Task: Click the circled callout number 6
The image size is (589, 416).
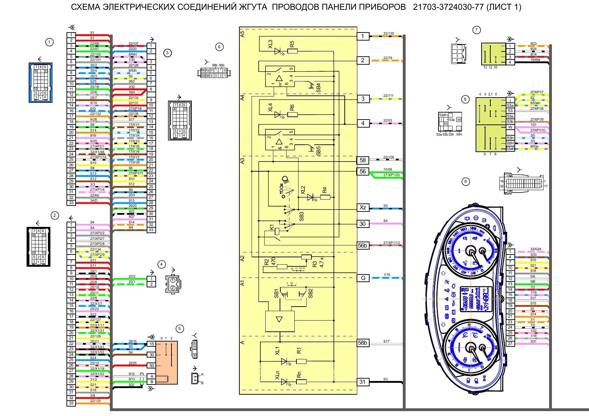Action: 219,47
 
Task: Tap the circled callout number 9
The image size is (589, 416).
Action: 465,181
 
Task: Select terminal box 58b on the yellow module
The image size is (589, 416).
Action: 363,343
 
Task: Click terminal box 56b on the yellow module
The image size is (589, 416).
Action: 363,245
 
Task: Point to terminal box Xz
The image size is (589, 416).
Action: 363,208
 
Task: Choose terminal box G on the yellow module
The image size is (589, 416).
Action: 363,278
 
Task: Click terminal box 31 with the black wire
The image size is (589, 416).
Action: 363,382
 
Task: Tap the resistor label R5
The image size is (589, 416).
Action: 292,44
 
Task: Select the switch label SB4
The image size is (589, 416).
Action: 318,88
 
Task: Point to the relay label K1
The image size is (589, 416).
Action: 272,227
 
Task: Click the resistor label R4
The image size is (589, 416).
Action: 324,190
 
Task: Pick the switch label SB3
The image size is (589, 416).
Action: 302,216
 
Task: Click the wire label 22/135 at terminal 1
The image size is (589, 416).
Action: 388,34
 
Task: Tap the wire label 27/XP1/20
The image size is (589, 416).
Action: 391,175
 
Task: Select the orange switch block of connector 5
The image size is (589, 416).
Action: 167,363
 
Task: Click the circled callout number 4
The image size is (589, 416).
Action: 161,264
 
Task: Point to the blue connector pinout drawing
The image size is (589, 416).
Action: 41,83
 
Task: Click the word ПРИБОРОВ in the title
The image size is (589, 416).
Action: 380,7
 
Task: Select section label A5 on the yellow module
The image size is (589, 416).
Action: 243,34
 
